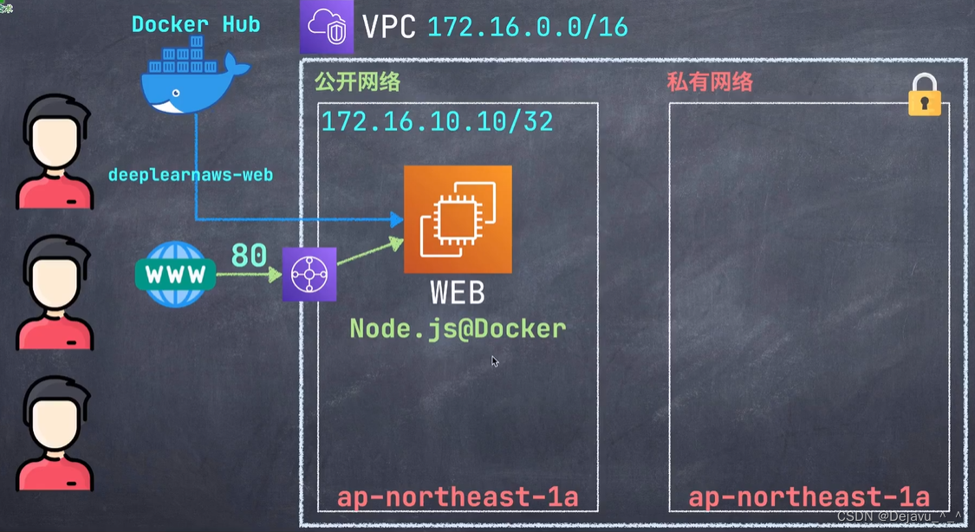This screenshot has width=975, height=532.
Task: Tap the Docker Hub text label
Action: [x=196, y=24]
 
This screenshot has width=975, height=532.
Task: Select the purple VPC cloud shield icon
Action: [x=327, y=27]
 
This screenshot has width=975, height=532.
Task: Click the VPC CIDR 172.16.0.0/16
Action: [x=527, y=27]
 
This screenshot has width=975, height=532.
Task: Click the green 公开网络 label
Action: [x=357, y=82]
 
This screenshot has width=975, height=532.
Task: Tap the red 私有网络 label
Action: [x=709, y=82]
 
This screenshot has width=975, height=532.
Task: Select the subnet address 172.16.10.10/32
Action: [x=437, y=121]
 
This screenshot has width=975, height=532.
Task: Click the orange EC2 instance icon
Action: [x=458, y=219]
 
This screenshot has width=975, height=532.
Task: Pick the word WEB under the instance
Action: [x=458, y=293]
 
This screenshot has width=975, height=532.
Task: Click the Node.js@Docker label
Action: [x=458, y=328]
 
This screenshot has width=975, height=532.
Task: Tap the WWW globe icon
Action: [x=176, y=275]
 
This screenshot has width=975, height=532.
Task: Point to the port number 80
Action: [x=249, y=256]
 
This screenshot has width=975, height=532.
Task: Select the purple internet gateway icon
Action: [x=309, y=275]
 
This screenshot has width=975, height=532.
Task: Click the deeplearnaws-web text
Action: [x=191, y=175]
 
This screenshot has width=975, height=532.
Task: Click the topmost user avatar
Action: [x=55, y=152]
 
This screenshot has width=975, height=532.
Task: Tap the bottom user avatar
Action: [x=55, y=434]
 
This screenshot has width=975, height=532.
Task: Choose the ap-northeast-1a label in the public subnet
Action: [x=457, y=497]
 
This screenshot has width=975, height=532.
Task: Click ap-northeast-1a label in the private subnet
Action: [x=809, y=497]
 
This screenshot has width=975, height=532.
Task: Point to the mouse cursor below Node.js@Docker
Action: [x=495, y=361]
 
